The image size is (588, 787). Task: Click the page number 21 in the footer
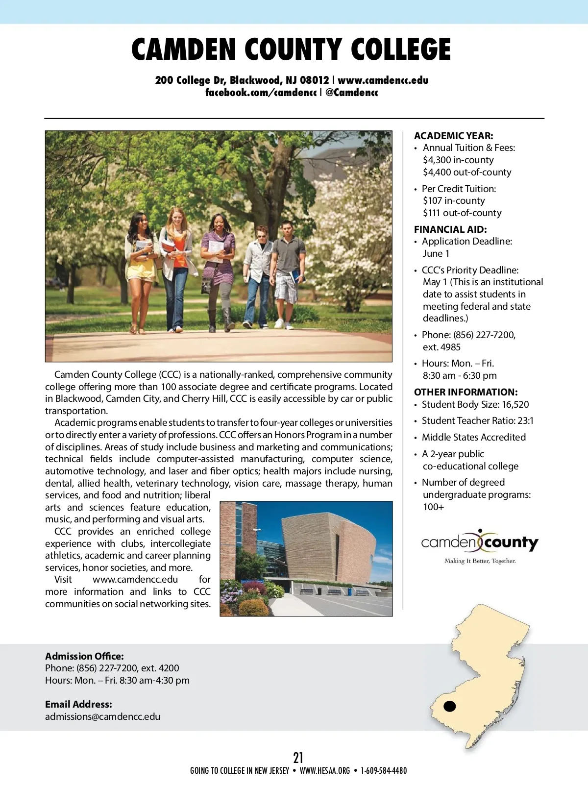298,758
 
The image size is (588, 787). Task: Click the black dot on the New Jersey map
449,706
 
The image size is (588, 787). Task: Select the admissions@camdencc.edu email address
102,716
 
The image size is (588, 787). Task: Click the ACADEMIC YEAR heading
453,136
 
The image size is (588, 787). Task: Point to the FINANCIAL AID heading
450,229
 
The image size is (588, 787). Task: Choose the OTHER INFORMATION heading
465,392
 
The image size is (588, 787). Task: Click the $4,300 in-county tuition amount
458,160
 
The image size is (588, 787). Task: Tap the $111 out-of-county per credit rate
462,213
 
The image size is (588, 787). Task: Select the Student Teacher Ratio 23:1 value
523,421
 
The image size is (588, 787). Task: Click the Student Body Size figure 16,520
515,405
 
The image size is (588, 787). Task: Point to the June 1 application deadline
436,253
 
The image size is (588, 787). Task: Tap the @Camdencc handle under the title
351,93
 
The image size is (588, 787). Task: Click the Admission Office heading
84,656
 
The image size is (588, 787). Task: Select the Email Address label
78,704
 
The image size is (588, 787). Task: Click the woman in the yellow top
141,265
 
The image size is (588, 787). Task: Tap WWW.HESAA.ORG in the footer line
324,771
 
